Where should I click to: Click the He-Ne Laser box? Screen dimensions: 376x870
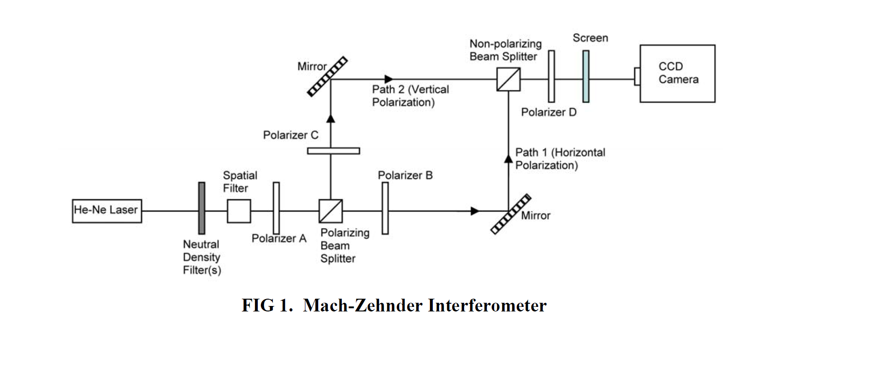coord(107,211)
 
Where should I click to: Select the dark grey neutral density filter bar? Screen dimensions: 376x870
coord(201,208)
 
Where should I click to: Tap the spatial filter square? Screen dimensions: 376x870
coord(239,211)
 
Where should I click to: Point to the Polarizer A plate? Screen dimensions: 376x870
coord(276,208)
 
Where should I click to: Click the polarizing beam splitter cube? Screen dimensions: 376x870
coord(330,211)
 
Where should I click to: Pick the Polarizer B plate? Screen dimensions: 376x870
coord(385,208)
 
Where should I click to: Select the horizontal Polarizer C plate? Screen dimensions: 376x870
coord(333,151)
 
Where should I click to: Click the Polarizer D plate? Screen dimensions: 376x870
coord(551,76)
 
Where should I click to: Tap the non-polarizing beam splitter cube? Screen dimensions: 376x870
coord(508,79)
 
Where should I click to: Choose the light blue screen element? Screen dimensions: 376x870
coord(586,76)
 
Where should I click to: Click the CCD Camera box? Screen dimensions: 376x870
coord(677,74)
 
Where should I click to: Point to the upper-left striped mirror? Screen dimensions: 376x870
coord(327,76)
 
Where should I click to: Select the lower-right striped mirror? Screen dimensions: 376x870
coord(511,214)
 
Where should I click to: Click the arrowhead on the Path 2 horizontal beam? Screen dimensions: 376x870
coord(389,79)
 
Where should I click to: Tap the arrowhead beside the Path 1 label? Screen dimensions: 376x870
coord(508,159)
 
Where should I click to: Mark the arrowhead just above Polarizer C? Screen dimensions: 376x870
coord(331,118)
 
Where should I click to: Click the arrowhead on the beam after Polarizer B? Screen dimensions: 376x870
coord(475,211)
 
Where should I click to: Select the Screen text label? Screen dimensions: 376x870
coord(590,38)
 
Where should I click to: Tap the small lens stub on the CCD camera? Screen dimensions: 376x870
coord(637,76)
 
